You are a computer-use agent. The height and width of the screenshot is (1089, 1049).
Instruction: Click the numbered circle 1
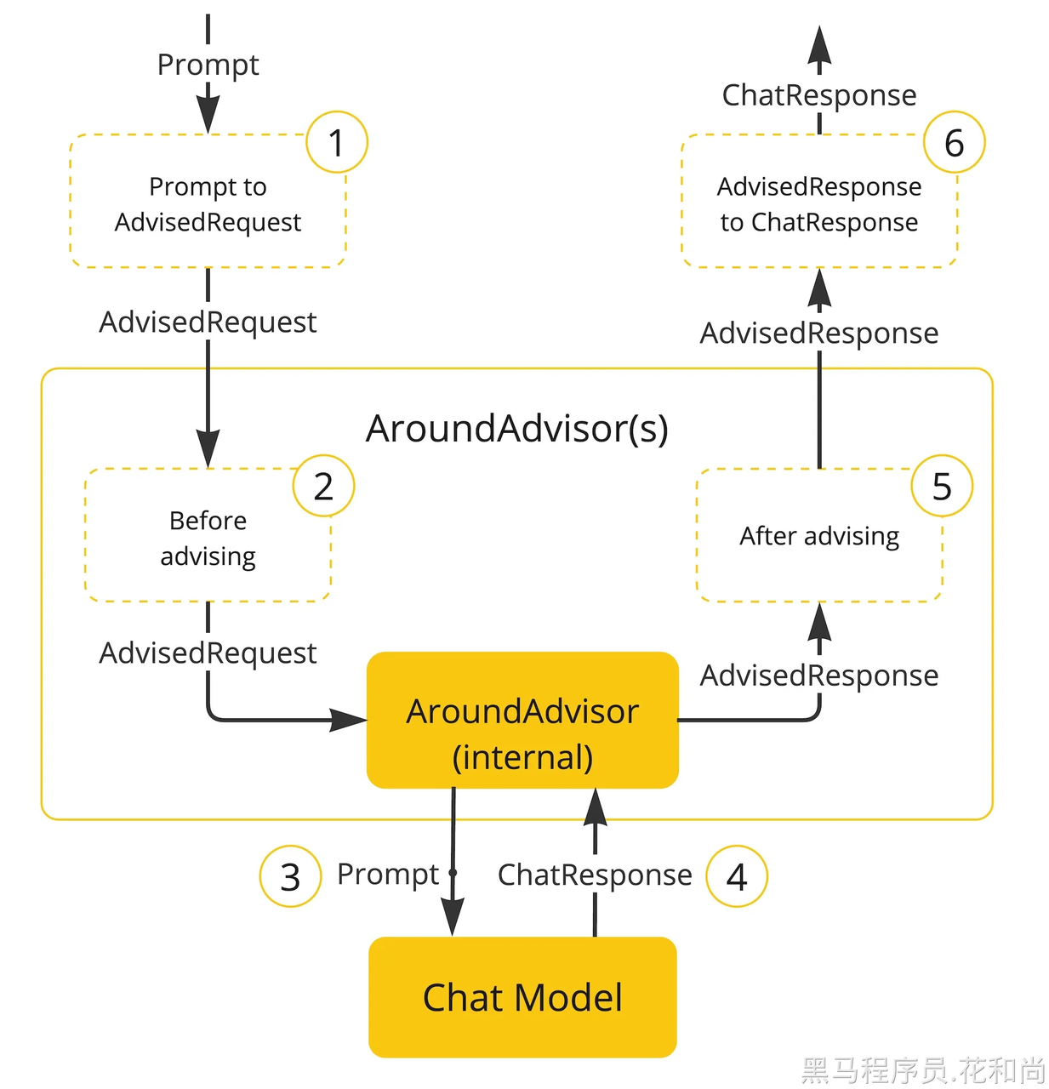336,142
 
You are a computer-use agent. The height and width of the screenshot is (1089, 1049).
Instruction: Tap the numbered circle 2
323,485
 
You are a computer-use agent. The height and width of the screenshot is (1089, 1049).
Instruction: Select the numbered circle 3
290,875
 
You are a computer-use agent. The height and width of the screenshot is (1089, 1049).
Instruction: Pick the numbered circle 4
736,875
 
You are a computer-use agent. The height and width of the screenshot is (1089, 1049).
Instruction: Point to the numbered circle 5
942,485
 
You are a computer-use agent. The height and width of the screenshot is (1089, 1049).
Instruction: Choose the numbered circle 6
954,142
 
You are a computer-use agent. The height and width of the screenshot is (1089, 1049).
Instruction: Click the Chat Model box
522,997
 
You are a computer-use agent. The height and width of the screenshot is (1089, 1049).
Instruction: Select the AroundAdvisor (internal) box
522,721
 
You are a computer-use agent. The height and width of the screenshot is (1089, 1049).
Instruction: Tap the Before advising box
208,535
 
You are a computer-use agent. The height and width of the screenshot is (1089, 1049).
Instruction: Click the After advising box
819,535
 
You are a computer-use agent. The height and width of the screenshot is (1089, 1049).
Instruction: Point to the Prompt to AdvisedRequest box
208,201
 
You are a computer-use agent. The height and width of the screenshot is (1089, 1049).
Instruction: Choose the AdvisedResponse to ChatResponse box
819,201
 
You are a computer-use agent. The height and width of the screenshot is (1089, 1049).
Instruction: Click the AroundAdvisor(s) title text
517,430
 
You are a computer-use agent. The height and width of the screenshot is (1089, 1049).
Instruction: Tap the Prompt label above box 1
208,66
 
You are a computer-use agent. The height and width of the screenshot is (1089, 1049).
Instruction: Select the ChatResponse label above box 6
819,95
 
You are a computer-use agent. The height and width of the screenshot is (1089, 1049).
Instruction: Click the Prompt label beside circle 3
388,874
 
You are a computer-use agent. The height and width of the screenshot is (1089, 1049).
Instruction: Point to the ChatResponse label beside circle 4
595,875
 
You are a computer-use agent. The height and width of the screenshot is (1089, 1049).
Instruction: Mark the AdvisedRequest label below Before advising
208,653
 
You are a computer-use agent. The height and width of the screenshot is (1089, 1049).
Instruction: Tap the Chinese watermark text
922,1069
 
